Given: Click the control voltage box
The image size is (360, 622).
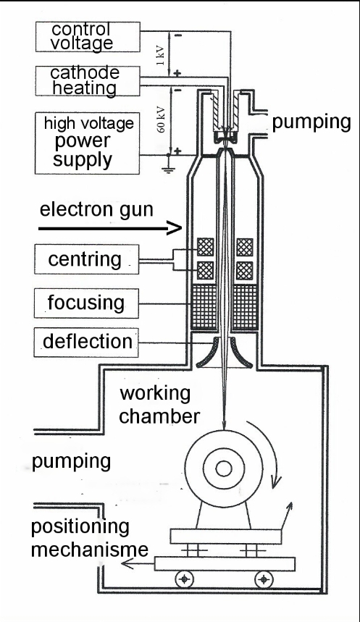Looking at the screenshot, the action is (88, 37).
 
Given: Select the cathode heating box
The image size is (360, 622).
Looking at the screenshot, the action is (88, 81).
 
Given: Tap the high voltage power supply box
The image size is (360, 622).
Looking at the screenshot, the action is (88, 143).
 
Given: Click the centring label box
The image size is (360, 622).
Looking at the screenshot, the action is (86, 259).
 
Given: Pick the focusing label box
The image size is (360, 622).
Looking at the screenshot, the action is (86, 303).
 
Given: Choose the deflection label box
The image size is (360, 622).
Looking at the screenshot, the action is (86, 342).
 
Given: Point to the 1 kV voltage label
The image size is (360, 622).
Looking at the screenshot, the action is (160, 56).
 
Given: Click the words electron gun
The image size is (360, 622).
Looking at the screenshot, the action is (96, 209).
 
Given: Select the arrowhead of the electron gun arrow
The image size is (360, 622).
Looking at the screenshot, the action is (175, 228).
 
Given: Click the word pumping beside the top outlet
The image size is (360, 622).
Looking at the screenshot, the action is (311, 122).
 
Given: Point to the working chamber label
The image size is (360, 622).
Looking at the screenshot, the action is (159, 405).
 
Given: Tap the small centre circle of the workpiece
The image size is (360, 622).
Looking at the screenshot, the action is (224, 468).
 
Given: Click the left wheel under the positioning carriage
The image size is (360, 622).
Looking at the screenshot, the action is (184, 579).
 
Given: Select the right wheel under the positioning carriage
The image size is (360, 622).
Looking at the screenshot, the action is (264, 579).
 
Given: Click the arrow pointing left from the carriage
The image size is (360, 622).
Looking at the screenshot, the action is (138, 563).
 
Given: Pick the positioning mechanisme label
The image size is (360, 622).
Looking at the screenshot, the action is (90, 538).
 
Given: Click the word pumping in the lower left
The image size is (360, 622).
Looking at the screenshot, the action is (71, 462).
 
